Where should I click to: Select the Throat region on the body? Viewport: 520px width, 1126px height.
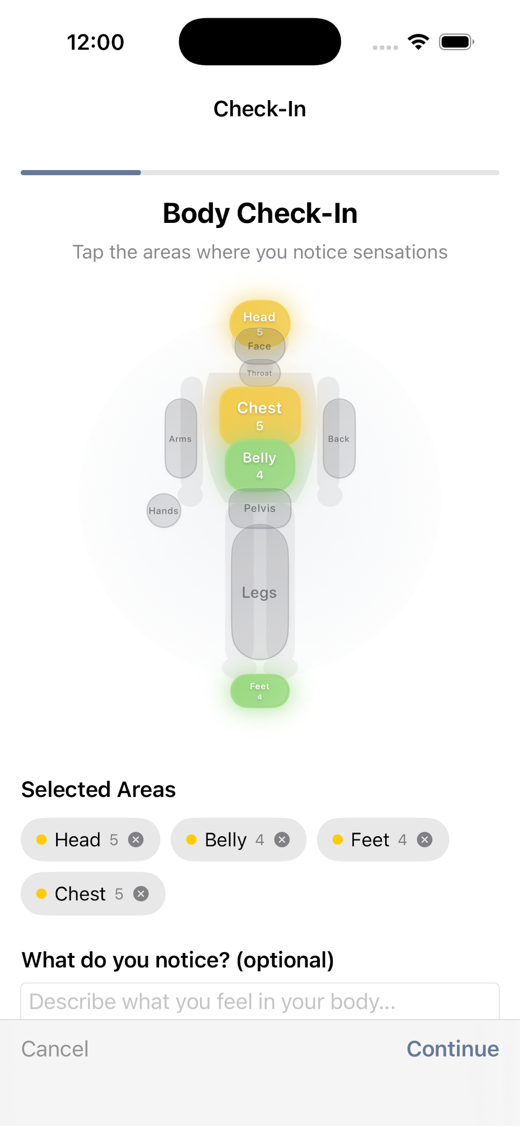tap(260, 373)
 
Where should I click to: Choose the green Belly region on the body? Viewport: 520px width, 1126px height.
tap(260, 465)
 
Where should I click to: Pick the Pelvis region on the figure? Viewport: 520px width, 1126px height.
tap(260, 508)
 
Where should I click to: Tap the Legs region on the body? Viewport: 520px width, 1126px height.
tap(260, 592)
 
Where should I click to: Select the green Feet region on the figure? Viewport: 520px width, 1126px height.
tap(260, 691)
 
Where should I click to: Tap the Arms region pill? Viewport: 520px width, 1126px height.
tap(180, 438)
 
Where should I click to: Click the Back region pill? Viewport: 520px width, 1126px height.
tap(339, 438)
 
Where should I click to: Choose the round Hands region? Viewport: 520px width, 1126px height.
tap(163, 511)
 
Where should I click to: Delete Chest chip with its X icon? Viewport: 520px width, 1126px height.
tap(141, 894)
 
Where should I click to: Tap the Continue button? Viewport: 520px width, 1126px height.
tap(453, 1049)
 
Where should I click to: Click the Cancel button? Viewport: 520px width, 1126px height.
tap(55, 1049)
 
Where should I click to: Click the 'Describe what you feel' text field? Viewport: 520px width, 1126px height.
tap(260, 1002)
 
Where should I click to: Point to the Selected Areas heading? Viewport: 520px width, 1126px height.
tap(98, 790)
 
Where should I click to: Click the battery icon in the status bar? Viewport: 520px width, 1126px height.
tap(457, 42)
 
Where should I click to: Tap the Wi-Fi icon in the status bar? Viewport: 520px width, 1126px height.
tap(418, 42)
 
